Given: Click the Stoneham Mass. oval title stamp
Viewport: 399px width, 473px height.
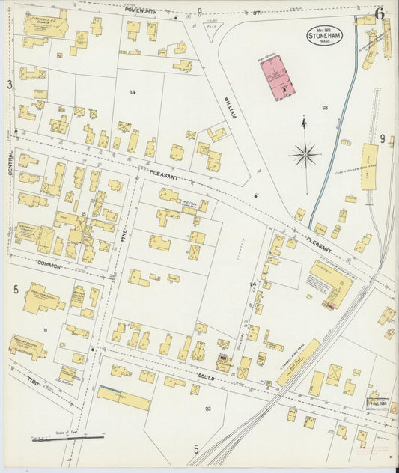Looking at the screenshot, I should point(323,35).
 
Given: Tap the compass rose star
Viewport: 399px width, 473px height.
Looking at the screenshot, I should point(305,155).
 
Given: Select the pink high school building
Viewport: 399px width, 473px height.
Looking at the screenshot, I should point(277,76).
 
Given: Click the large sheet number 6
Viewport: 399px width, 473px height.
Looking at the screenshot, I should point(380,13).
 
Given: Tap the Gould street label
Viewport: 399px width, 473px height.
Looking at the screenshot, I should point(205,379).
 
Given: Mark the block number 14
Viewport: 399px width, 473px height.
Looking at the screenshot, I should point(133,92).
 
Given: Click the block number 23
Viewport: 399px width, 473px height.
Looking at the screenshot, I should point(208,408).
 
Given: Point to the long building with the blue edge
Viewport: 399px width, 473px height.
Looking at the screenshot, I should point(124,397).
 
